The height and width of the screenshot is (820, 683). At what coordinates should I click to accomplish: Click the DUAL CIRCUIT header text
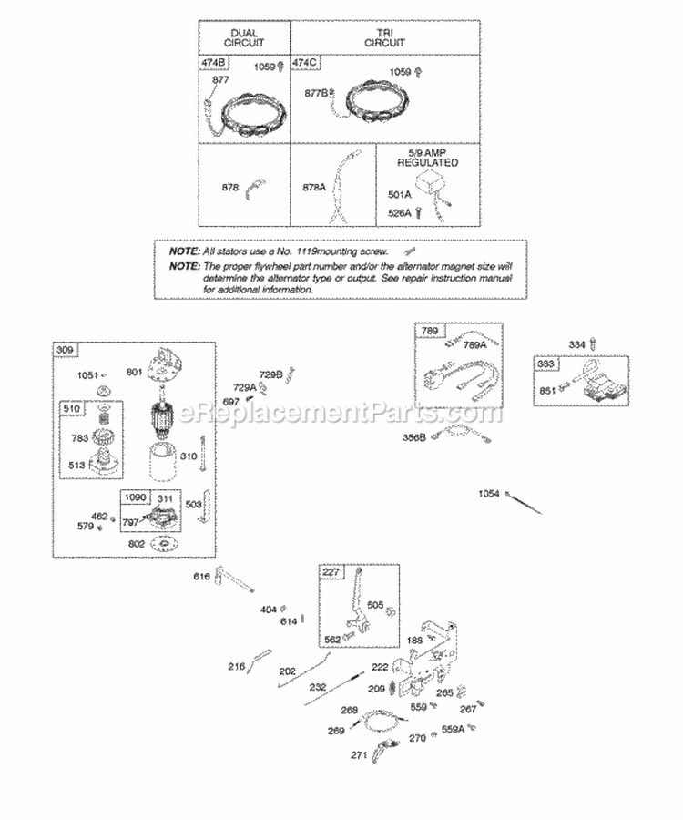click(x=243, y=36)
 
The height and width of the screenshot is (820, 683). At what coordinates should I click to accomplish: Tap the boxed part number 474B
click(x=214, y=63)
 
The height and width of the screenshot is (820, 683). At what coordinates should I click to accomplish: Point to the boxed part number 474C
click(x=307, y=63)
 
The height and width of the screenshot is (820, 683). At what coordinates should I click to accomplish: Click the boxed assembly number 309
click(x=66, y=351)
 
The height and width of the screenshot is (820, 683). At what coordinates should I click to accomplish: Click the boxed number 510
click(x=70, y=409)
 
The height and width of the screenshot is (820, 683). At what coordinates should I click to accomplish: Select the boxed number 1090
click(x=136, y=498)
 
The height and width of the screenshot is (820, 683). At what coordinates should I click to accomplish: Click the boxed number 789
click(x=427, y=333)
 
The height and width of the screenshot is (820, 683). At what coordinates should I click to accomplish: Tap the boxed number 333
click(x=545, y=363)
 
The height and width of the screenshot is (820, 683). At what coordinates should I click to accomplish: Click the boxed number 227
click(x=330, y=572)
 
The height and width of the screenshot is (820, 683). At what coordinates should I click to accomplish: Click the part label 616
click(x=201, y=578)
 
